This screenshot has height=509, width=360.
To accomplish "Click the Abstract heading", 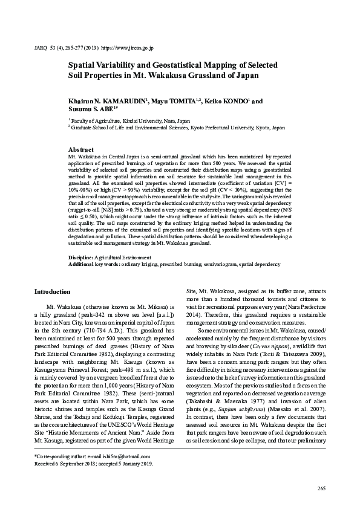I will tap(81, 149).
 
